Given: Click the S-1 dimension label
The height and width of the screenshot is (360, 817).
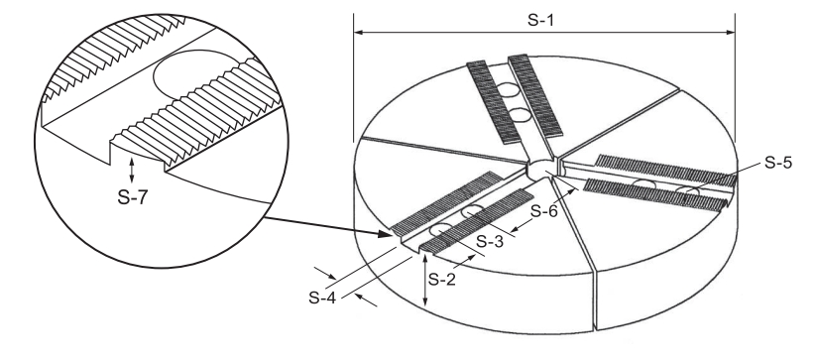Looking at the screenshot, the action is click(540, 20).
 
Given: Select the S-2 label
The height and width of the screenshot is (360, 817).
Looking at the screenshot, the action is click(442, 280).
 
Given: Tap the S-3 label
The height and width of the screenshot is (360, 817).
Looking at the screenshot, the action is click(490, 241).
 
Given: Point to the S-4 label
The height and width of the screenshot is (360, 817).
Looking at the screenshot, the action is click(322, 298).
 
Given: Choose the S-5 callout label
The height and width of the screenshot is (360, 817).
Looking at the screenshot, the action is click(778, 163).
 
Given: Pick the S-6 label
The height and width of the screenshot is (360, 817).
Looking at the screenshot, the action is click(544, 211).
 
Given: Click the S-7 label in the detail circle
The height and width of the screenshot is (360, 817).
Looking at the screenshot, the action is click(133, 197).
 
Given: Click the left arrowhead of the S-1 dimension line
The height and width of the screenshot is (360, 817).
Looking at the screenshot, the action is click(358, 33).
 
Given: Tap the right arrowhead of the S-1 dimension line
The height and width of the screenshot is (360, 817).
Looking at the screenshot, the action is click(730, 33).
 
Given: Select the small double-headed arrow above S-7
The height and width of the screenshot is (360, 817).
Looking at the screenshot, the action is click(131, 171).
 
